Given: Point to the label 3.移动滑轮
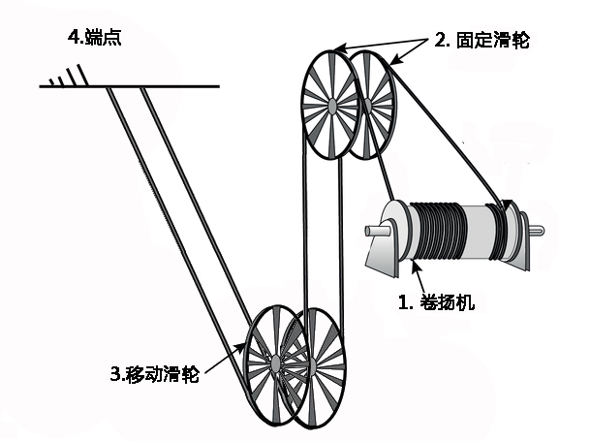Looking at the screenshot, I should point(155,374).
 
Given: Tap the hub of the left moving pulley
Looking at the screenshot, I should point(274,362).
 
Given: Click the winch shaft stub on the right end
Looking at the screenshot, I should point(538,230).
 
